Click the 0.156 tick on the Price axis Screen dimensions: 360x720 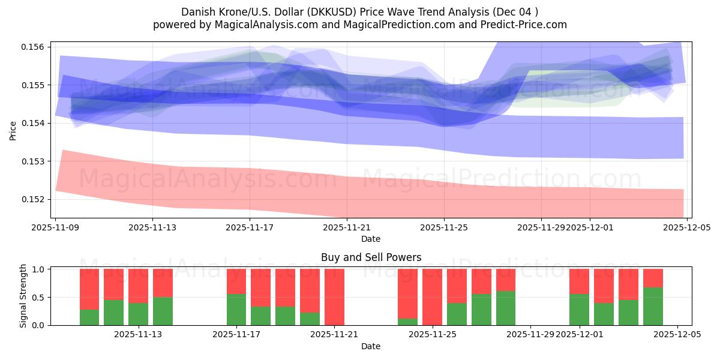(35, 47)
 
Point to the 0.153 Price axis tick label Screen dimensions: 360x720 (35, 161)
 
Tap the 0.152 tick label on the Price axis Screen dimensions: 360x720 (35, 199)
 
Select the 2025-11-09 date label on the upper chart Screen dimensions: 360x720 (55, 228)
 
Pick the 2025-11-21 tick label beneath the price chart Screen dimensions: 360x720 (347, 228)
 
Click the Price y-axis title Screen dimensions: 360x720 (13, 130)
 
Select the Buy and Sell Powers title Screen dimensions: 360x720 (371, 257)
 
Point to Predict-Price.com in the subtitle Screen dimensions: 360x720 (529, 25)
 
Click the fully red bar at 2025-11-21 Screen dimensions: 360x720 (334, 297)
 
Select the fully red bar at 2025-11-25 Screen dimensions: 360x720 (432, 297)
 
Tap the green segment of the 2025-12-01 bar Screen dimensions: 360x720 (579, 310)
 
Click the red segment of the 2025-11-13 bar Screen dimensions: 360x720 (163, 283)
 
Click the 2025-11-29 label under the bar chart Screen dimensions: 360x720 (530, 335)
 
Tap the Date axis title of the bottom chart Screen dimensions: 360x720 (371, 346)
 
